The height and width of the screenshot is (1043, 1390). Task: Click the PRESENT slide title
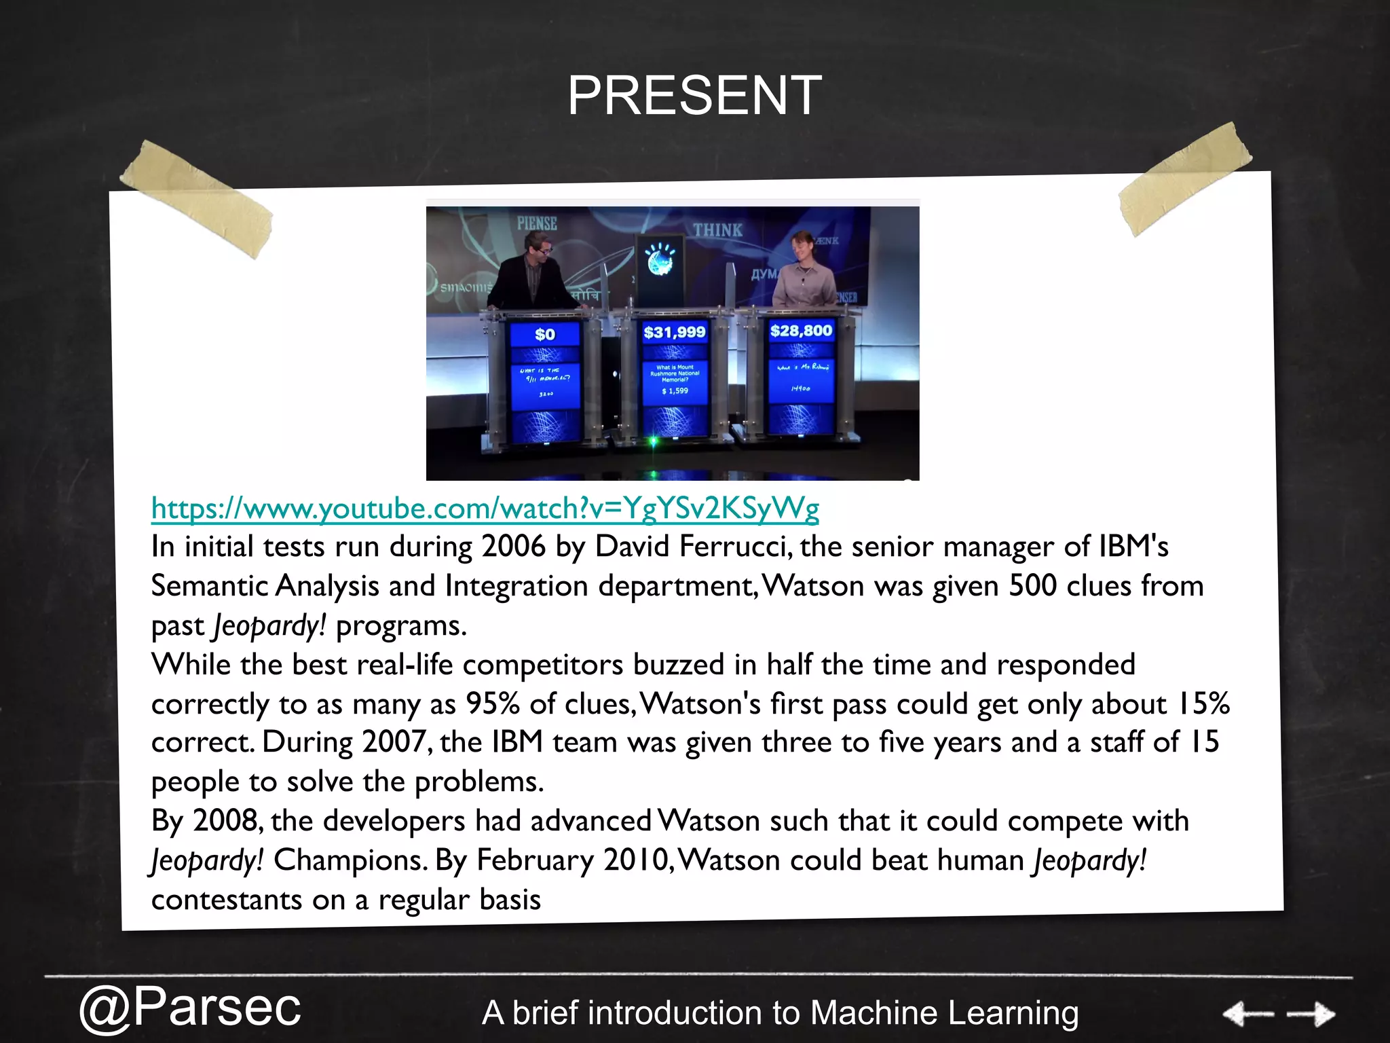[x=694, y=96]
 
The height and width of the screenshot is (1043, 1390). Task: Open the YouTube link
[x=485, y=508]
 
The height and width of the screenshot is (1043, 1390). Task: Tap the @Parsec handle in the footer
[x=190, y=1007]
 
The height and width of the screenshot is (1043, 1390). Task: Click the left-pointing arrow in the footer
[x=1247, y=1014]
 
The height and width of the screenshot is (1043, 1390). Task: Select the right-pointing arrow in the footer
[x=1311, y=1014]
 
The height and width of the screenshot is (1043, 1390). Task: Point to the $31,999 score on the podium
[x=674, y=332]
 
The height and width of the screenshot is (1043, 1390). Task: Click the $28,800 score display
[x=801, y=331]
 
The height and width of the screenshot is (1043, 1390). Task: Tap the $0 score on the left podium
[x=545, y=334]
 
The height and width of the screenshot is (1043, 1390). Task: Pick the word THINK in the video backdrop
[x=717, y=231]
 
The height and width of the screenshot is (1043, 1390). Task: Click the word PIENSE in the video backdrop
[x=537, y=223]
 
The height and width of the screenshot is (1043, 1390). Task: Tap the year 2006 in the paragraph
[x=513, y=547]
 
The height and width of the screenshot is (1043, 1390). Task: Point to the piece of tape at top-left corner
[x=197, y=198]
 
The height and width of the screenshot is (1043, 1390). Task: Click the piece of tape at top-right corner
[x=1185, y=180]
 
